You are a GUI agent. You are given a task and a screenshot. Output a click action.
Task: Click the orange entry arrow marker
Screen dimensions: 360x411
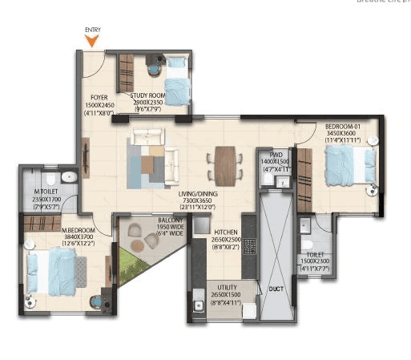(x=93, y=40)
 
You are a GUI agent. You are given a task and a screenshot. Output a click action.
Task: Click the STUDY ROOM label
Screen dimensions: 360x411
(x=148, y=95)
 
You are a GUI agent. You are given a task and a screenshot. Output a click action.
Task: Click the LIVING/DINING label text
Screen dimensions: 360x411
(x=201, y=194)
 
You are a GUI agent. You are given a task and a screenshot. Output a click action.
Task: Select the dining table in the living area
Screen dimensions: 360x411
(x=225, y=162)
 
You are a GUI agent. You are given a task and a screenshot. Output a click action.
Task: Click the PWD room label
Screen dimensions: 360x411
(x=276, y=155)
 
